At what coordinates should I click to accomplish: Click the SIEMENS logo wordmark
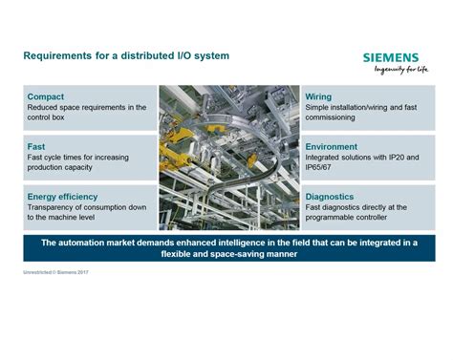click(x=391, y=57)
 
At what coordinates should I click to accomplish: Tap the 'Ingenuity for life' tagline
click(x=401, y=70)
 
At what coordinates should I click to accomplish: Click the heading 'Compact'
click(x=46, y=96)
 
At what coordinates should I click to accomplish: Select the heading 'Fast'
click(x=36, y=147)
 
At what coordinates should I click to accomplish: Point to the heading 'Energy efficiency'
click(x=62, y=197)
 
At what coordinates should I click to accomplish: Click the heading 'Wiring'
click(x=318, y=96)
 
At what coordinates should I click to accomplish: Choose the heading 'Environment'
click(x=332, y=147)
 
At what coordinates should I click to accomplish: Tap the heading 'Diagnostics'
click(x=330, y=197)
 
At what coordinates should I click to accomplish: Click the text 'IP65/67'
click(x=318, y=167)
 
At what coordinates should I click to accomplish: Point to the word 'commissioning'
click(x=330, y=117)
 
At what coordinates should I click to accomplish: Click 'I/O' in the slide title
click(x=183, y=55)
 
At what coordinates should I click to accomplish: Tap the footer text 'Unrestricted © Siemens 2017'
click(x=55, y=272)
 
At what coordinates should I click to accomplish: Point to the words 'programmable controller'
click(x=346, y=218)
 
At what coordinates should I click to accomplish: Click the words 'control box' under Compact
click(x=46, y=117)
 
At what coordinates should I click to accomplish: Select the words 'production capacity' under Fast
click(x=59, y=167)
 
